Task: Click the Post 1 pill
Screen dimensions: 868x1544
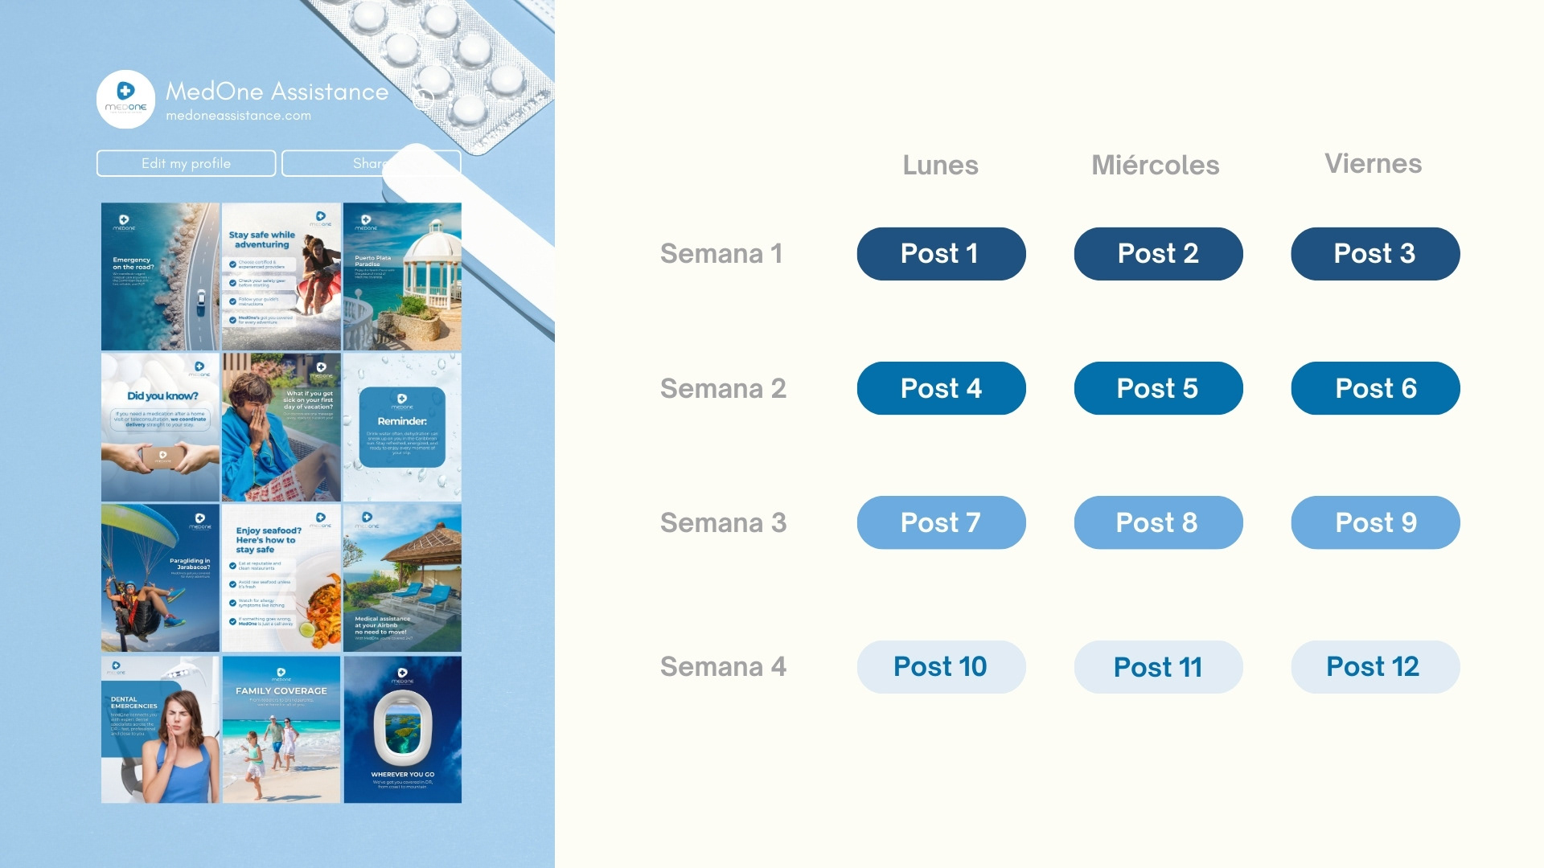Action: click(941, 254)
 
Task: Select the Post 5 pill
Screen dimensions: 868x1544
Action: click(1158, 388)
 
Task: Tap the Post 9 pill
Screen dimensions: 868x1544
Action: click(1375, 522)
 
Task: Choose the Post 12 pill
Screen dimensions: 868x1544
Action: click(1375, 667)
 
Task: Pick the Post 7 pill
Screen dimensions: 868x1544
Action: click(941, 522)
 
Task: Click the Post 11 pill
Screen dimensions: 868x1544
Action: click(1158, 667)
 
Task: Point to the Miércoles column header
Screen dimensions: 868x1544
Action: click(1155, 165)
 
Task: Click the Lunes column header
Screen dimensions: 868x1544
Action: click(940, 165)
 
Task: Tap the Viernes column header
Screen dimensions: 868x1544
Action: click(1373, 164)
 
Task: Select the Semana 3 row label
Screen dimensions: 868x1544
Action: click(723, 522)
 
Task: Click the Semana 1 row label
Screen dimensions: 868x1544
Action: click(721, 254)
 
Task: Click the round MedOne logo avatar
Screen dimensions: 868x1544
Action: click(126, 100)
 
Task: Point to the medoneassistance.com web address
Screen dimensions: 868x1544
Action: click(238, 116)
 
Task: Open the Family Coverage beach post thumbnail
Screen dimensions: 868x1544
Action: click(281, 730)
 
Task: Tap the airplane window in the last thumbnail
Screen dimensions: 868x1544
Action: click(403, 727)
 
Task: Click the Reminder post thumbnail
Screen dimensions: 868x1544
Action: click(402, 427)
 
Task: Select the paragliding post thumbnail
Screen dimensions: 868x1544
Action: click(160, 577)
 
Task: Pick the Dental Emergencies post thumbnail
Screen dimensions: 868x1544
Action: click(160, 730)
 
